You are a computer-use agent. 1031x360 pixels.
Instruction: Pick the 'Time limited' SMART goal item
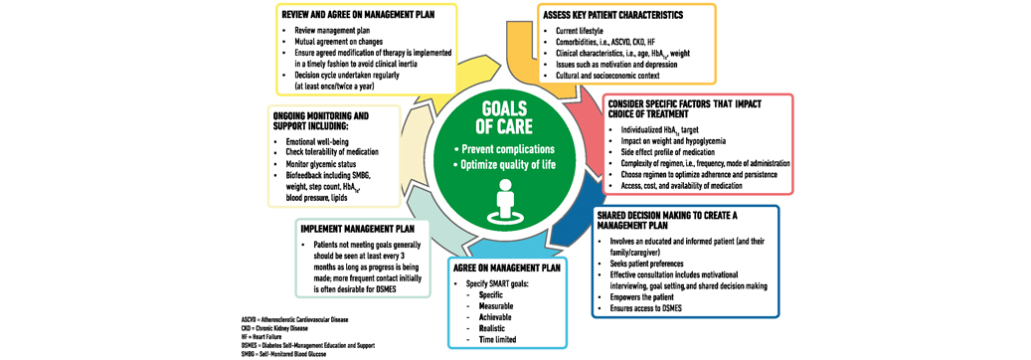(x=504, y=340)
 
